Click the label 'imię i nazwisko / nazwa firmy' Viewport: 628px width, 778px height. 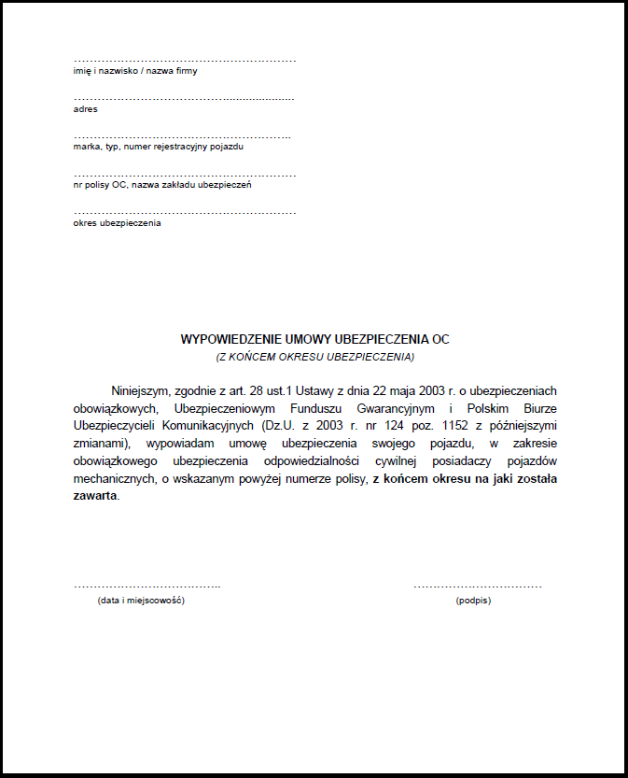point(135,71)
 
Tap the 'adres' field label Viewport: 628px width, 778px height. point(85,109)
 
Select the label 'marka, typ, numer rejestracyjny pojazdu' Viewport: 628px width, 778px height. point(158,147)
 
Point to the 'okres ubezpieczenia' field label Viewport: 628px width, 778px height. point(117,223)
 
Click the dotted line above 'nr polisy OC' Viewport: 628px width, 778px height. point(185,175)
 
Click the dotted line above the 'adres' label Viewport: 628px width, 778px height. point(184,98)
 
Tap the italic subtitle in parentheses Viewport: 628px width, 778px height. point(314,357)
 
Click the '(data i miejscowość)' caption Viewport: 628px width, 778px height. point(141,601)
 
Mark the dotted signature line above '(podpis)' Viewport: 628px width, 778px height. point(477,587)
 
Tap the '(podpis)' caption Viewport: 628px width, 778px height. point(473,601)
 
